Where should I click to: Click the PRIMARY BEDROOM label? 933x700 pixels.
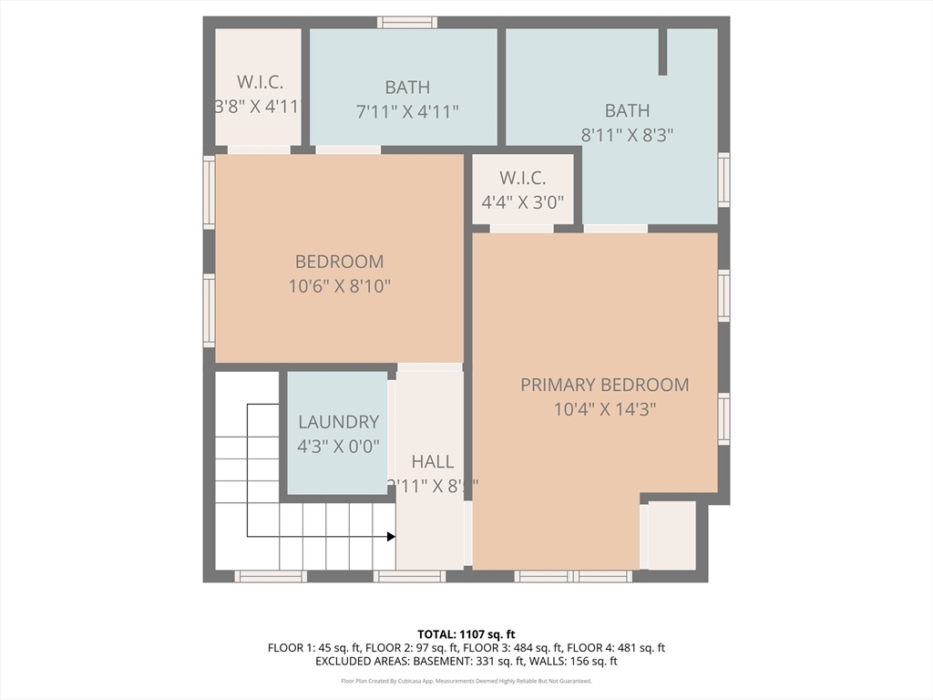(x=604, y=385)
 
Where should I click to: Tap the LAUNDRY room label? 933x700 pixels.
(x=338, y=422)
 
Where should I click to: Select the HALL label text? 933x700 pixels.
(x=432, y=461)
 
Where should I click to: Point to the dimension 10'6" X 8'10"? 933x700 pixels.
(x=339, y=286)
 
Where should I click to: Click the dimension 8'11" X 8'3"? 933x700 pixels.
(x=628, y=135)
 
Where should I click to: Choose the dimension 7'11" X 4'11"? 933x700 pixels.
(x=406, y=112)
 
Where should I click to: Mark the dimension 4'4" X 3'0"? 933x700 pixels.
(x=523, y=202)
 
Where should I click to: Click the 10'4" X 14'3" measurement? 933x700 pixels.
(x=604, y=410)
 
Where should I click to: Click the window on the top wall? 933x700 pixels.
(x=407, y=22)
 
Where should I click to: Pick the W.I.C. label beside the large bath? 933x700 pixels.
(x=523, y=179)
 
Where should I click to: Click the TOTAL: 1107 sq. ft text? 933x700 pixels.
(x=466, y=633)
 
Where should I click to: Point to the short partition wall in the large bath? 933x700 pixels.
(x=662, y=51)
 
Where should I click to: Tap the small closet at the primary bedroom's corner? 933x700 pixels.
(x=672, y=535)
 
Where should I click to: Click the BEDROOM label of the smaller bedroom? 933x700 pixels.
(x=339, y=262)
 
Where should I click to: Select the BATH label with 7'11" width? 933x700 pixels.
(x=406, y=87)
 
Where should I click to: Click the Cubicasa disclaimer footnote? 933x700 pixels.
(x=466, y=681)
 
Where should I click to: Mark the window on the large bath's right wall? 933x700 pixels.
(x=723, y=180)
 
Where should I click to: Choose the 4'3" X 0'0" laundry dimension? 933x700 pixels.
(x=338, y=447)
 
